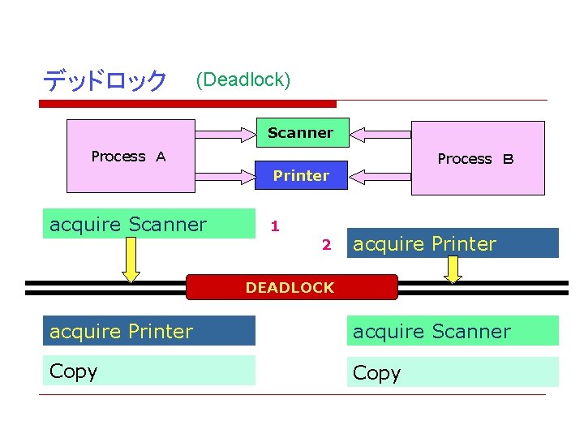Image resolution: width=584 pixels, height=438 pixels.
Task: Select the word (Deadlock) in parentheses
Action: [x=243, y=79]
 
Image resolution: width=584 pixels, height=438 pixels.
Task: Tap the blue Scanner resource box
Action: [x=301, y=132]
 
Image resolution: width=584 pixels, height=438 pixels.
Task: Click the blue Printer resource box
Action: [x=301, y=175]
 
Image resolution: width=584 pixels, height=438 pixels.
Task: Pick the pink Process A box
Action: [x=130, y=157]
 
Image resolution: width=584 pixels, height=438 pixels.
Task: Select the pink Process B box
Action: [x=477, y=159]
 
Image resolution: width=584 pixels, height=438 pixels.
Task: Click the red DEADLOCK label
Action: [x=291, y=287]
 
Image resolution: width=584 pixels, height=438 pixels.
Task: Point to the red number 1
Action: [x=275, y=225]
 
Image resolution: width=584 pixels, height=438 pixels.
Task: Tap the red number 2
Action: [x=325, y=244]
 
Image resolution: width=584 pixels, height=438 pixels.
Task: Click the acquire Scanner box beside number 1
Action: [x=151, y=224]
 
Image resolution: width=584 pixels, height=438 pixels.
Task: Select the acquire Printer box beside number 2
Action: [x=453, y=243]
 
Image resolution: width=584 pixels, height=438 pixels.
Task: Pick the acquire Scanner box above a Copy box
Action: [x=453, y=331]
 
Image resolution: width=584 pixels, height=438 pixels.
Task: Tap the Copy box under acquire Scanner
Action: [x=453, y=372]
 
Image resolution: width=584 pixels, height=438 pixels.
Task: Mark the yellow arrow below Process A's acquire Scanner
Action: [x=131, y=260]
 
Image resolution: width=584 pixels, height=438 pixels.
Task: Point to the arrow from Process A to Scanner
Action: [x=225, y=132]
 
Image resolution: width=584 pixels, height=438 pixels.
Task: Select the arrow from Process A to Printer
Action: [x=225, y=175]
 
